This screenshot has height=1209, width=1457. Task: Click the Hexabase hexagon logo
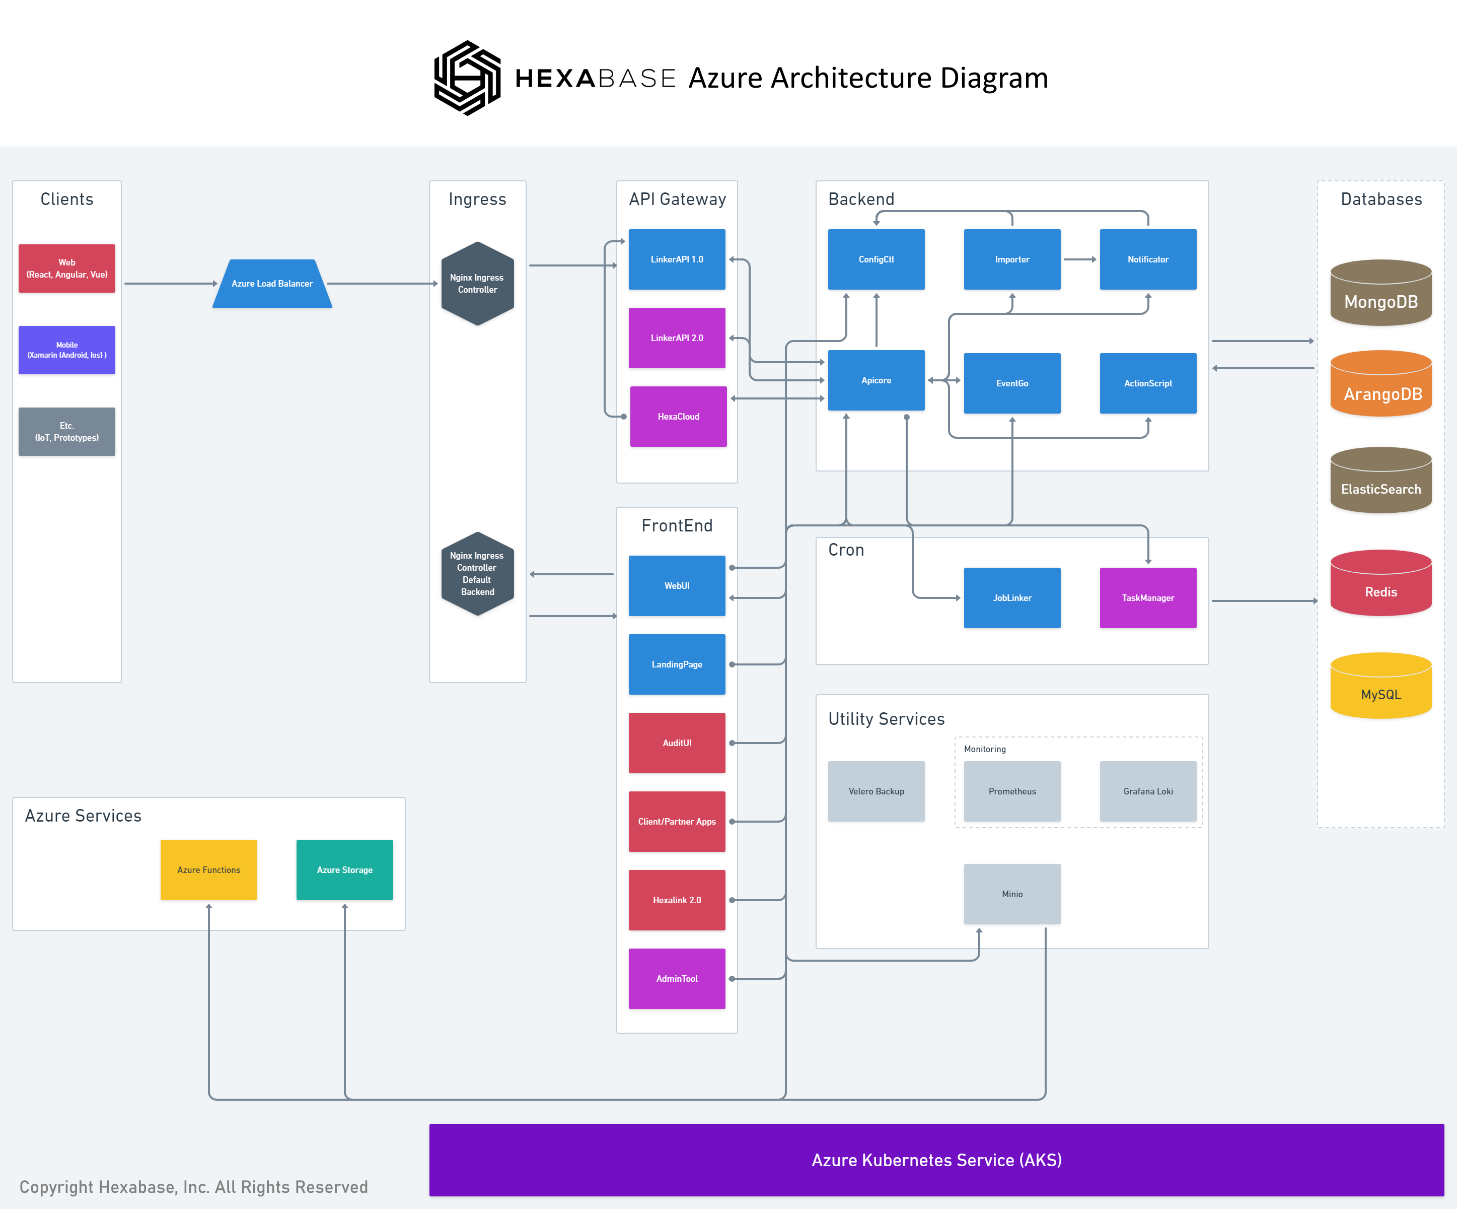467,78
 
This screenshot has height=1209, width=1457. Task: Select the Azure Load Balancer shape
272,283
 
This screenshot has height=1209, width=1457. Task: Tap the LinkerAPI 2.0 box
677,338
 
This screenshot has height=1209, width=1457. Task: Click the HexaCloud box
678,417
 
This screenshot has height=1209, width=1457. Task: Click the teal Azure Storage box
344,869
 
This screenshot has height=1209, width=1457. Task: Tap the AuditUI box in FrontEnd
677,743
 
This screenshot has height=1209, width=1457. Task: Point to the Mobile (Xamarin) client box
66,350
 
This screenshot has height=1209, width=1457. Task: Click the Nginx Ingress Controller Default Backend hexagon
477,574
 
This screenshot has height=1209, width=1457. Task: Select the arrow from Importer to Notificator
1079,259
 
